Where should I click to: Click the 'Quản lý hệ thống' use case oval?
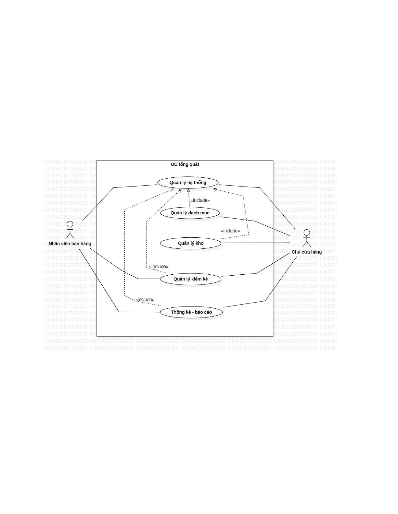(x=188, y=183)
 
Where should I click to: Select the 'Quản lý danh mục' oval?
(x=190, y=213)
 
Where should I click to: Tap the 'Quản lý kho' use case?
(x=191, y=243)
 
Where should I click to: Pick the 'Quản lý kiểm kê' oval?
(x=191, y=279)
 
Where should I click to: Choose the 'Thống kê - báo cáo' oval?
(x=191, y=312)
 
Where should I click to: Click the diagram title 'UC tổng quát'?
(x=185, y=164)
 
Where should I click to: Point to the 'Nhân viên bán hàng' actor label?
(x=70, y=244)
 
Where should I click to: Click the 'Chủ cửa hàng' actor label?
(x=306, y=252)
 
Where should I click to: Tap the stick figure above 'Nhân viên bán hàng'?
(x=70, y=231)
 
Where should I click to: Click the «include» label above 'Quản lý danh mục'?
(x=200, y=200)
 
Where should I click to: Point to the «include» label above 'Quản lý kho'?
(x=230, y=231)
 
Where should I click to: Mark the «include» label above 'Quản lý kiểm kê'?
(x=159, y=267)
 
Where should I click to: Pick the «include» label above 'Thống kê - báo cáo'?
(x=145, y=300)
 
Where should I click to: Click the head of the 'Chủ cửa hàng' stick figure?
(x=306, y=233)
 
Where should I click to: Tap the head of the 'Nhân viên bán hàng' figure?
(x=70, y=224)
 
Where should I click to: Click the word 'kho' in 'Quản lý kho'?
(x=199, y=243)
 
